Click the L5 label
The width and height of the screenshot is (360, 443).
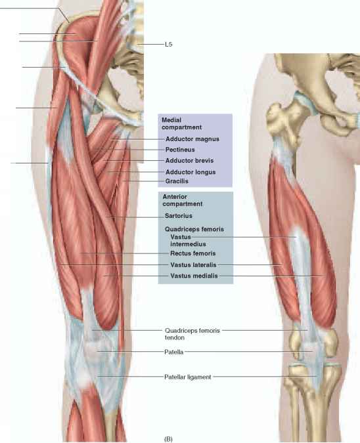[x=169, y=45]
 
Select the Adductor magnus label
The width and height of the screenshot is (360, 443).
[x=192, y=139]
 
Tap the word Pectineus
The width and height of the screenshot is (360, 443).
[x=180, y=150]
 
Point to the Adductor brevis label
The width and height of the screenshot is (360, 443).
[x=189, y=161]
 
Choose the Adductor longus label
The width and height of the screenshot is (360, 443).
[x=191, y=172]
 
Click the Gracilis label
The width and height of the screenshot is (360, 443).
[x=177, y=181]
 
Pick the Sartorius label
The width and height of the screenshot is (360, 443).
[x=179, y=215]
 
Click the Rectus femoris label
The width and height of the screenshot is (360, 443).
[x=193, y=253]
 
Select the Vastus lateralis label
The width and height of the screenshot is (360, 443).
[x=193, y=264]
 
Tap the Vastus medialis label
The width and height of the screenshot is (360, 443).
[x=194, y=276]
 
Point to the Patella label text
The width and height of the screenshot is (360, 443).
[x=174, y=352]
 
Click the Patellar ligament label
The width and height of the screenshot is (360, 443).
[x=188, y=377]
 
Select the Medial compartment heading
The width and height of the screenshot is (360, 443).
[x=181, y=124]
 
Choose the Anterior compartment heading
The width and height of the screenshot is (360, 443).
[x=183, y=200]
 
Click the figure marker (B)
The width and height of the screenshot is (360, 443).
[x=168, y=439]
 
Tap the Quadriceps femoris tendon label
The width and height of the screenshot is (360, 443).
[x=192, y=334]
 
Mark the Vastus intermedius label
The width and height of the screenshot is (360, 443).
[x=188, y=240]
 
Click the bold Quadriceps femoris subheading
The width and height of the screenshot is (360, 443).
[x=194, y=229]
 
